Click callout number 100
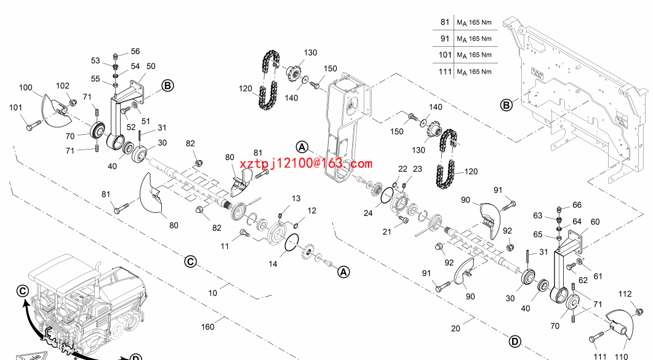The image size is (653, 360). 25,88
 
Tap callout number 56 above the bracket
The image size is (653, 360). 135,52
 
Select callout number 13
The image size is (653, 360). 296,199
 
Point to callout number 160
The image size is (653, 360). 208,327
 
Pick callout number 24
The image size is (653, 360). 367,213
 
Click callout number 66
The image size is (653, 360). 577,205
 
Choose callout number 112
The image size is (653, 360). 625,294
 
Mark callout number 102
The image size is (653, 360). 63,86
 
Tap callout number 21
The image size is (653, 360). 386,232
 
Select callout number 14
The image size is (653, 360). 273,263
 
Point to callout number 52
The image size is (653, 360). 131,127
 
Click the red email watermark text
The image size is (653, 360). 306,164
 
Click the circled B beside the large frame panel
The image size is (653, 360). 506,105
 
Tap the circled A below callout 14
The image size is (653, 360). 343,271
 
